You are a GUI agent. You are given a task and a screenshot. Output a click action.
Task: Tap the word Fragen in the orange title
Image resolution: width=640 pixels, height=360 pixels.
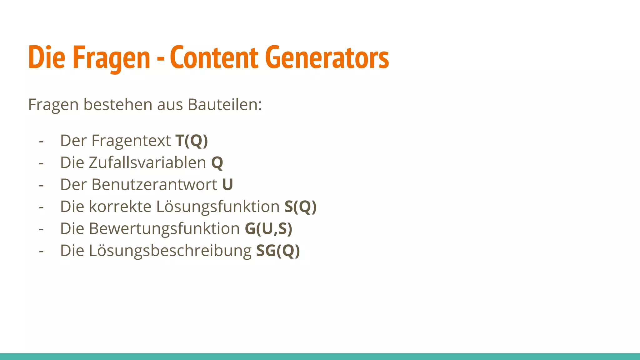[112, 58]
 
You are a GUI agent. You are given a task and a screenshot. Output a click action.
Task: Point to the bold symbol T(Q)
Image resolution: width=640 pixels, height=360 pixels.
[192, 141]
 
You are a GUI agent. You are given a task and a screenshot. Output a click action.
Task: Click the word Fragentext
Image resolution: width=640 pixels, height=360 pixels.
[131, 141]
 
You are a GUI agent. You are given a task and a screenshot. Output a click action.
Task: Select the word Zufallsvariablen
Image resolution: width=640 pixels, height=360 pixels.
[147, 162]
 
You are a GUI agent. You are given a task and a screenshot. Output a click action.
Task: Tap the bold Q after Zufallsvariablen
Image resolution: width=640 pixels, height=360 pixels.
[217, 163]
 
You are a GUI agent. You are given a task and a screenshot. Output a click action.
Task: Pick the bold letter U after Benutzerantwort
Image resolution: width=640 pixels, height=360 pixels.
[227, 184]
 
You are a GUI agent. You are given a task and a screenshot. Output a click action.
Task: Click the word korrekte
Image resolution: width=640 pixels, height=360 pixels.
[120, 207]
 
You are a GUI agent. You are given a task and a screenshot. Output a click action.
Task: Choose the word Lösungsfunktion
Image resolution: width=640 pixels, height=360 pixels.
[218, 207]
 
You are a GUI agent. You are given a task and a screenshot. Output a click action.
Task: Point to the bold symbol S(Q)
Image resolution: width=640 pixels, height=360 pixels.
[300, 207]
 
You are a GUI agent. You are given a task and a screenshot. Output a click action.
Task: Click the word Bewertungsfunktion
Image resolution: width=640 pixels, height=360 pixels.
[164, 228]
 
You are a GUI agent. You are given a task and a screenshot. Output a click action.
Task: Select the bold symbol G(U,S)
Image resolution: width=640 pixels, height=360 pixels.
[268, 228]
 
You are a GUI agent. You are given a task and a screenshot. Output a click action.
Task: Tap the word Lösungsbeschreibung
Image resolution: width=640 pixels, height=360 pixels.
[170, 251]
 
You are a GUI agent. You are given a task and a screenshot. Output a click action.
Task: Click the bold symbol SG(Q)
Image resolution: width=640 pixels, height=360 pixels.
[278, 251]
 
